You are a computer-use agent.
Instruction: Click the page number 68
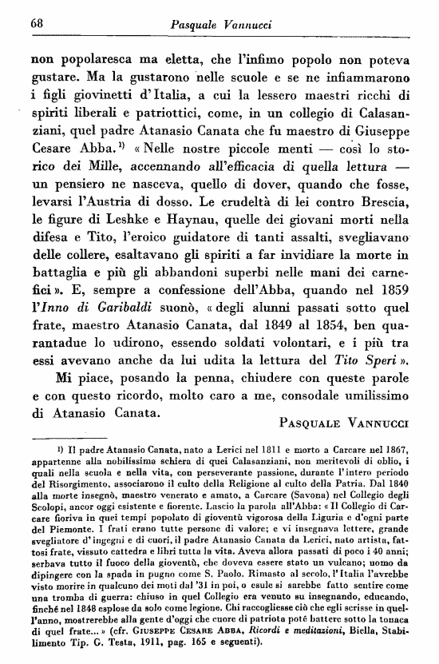pos(36,22)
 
